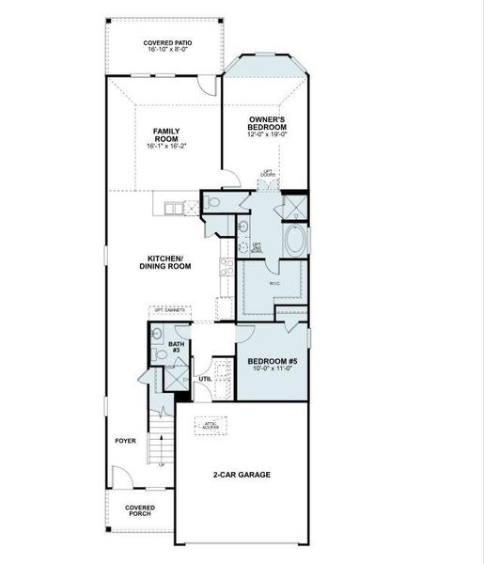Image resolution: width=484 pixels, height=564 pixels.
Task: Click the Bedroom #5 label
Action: pyautogui.click(x=273, y=362)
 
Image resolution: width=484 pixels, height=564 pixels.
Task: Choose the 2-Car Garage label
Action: pyautogui.click(x=242, y=475)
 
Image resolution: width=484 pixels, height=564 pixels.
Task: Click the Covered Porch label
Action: pyautogui.click(x=141, y=511)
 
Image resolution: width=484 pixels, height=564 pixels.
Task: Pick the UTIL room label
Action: pyautogui.click(x=205, y=379)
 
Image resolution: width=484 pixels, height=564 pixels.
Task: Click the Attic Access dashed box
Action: pyautogui.click(x=211, y=424)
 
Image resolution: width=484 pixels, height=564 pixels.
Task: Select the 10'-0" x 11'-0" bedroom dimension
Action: pyautogui.click(x=273, y=369)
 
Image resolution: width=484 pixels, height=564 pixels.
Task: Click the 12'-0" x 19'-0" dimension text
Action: pyautogui.click(x=267, y=134)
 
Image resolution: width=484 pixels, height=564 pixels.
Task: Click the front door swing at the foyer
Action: pyautogui.click(x=120, y=477)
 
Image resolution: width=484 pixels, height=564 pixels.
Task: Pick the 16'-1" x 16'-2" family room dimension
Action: pyautogui.click(x=166, y=147)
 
